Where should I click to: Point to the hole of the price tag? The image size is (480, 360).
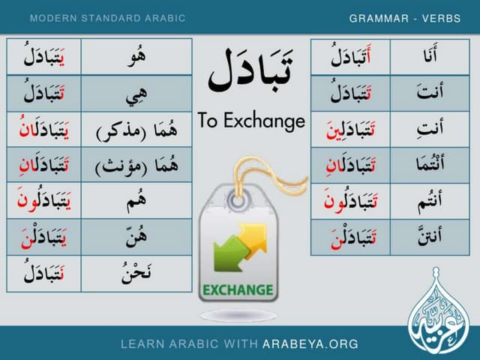point(236,201)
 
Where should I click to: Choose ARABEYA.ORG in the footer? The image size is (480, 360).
point(310,344)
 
